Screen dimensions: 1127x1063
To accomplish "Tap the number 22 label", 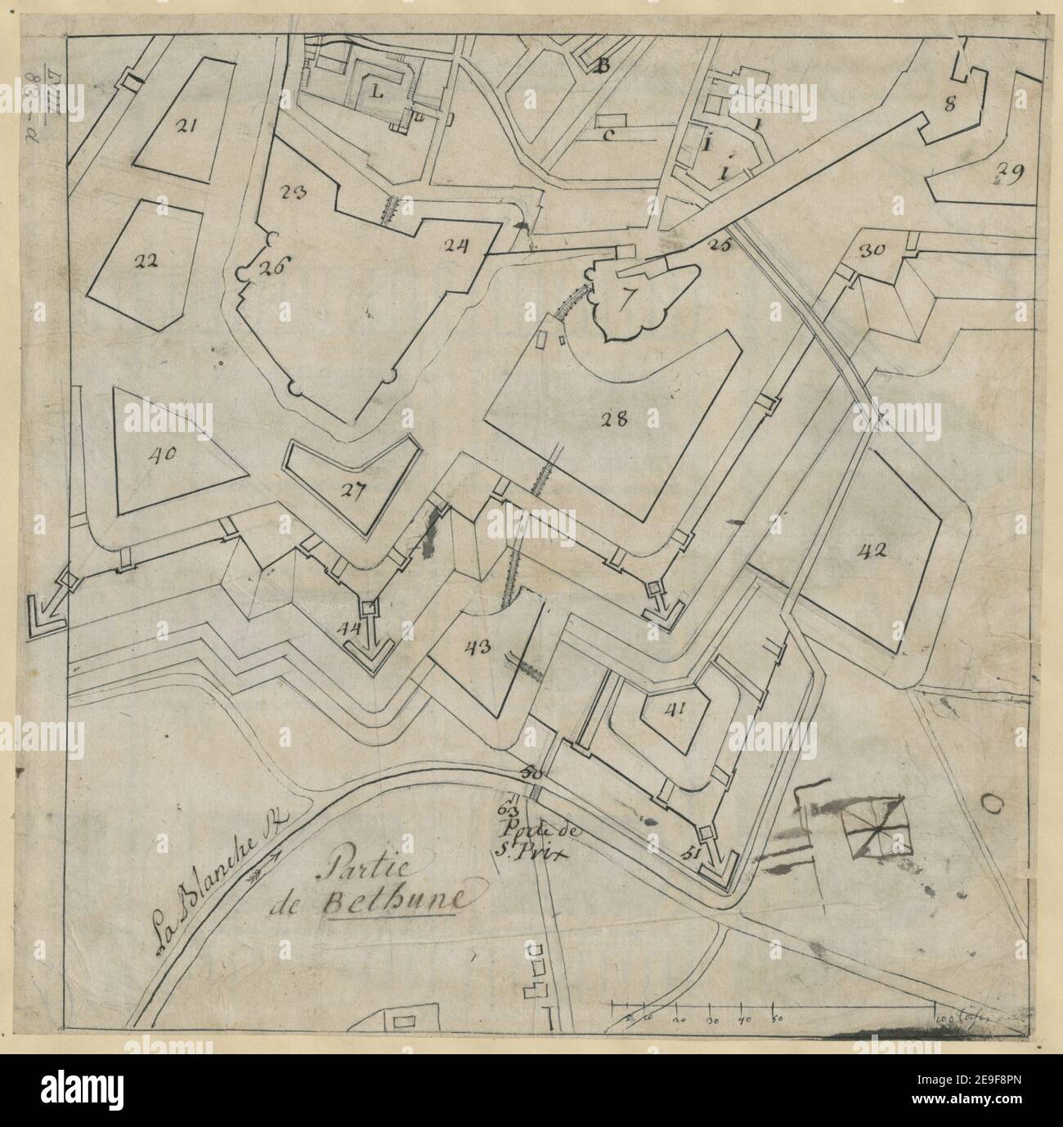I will click(x=145, y=262).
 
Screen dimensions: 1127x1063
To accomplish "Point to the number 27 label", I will click(x=352, y=491).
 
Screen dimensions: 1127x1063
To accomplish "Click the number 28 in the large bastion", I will click(x=613, y=420).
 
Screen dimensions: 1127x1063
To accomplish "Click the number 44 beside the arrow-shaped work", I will click(x=349, y=628).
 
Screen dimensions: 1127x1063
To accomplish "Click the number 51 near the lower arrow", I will click(x=692, y=855).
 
